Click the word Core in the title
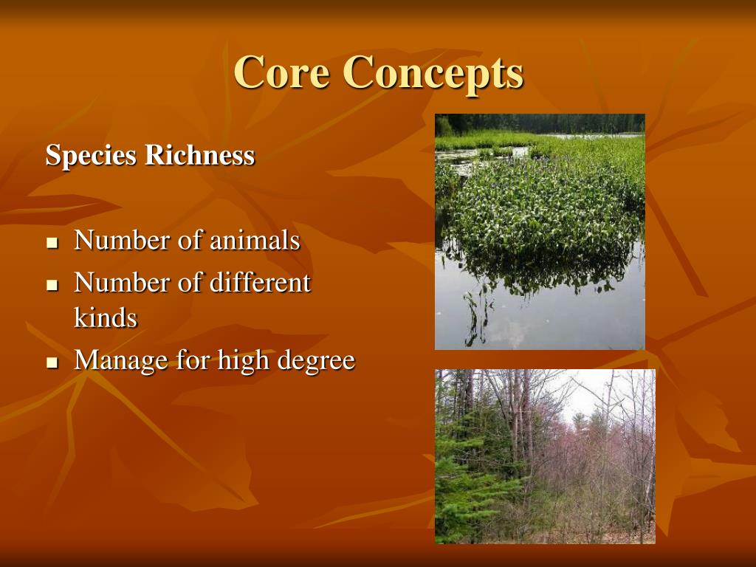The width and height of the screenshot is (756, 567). pyautogui.click(x=281, y=72)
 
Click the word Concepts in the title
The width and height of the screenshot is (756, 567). pyautogui.click(x=433, y=72)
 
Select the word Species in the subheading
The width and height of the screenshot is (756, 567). pyautogui.click(x=92, y=156)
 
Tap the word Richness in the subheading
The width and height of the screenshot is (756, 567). pyautogui.click(x=200, y=156)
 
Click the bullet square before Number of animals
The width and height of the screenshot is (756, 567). pyautogui.click(x=52, y=243)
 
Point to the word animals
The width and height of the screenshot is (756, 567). pyautogui.click(x=255, y=241)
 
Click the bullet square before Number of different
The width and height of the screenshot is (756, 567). pyautogui.click(x=52, y=284)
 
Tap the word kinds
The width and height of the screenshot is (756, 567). pyautogui.click(x=106, y=318)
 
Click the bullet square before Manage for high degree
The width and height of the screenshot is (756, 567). pyautogui.click(x=52, y=362)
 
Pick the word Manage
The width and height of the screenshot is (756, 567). pyautogui.click(x=121, y=361)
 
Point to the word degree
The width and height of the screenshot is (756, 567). pyautogui.click(x=317, y=361)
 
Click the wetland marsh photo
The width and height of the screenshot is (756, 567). pyautogui.click(x=540, y=231)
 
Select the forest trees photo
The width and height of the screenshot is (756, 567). pyautogui.click(x=544, y=456)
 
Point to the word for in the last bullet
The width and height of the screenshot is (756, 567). pyautogui.click(x=193, y=361)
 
